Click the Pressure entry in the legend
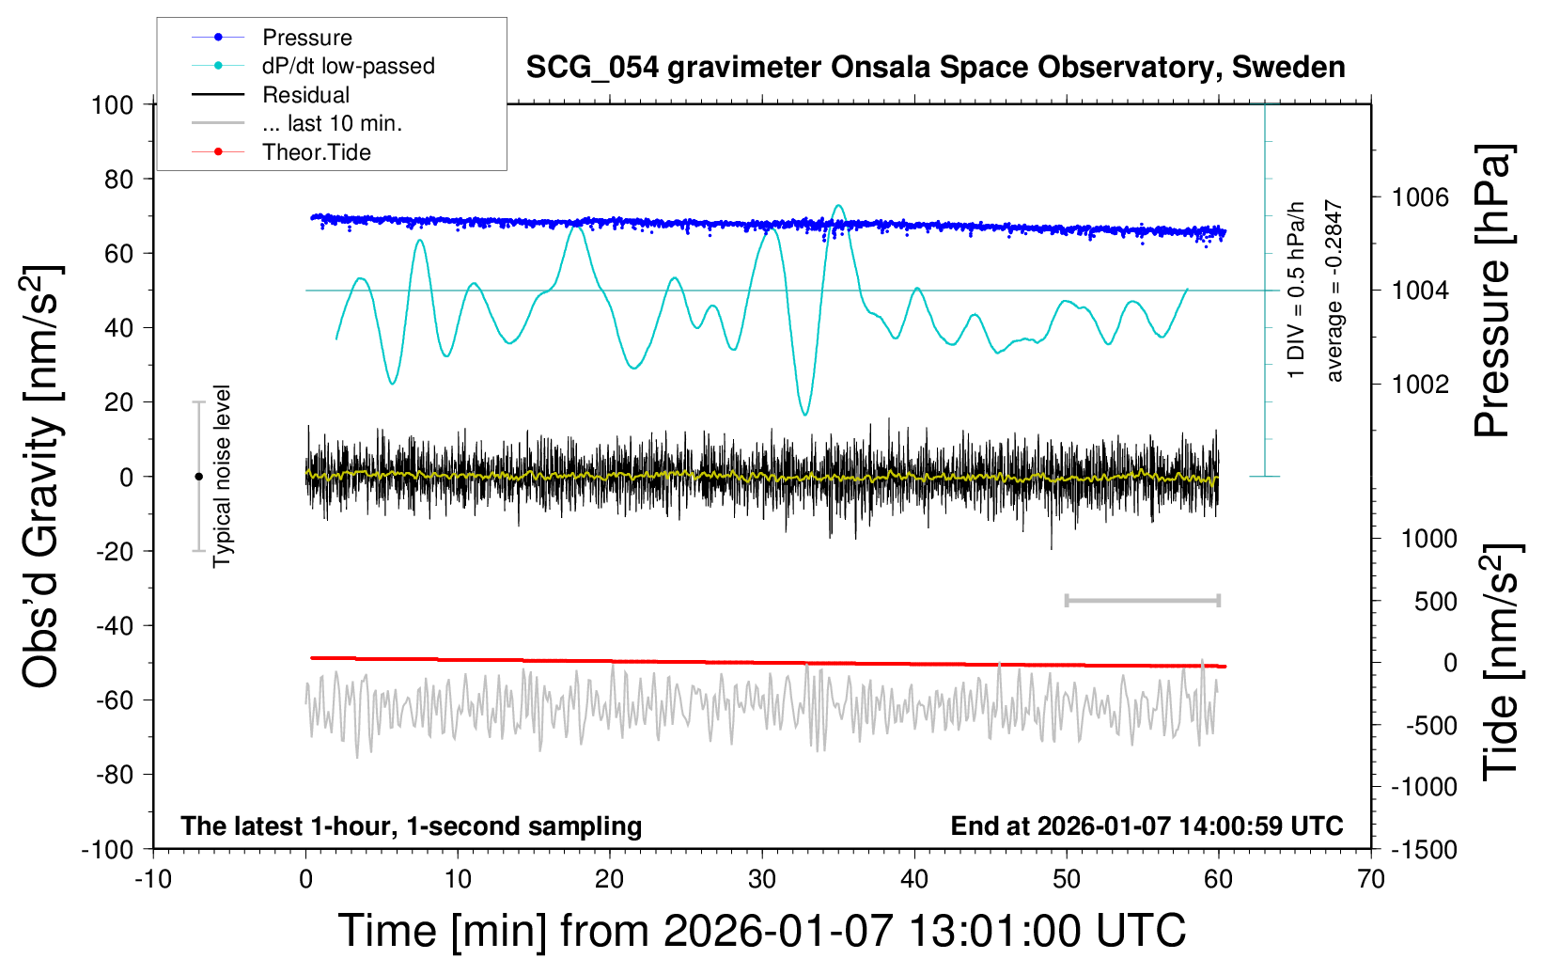[x=306, y=38]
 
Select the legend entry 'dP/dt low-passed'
[x=348, y=66]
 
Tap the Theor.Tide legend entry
[x=316, y=152]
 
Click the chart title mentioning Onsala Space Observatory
[x=935, y=68]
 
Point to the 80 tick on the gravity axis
[x=118, y=179]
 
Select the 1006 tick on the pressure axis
[x=1420, y=197]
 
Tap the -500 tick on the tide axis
[x=1431, y=726]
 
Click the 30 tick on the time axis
[x=762, y=880]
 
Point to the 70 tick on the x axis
[x=1371, y=880]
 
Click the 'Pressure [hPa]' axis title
[x=1493, y=291]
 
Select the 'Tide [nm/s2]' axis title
[x=1501, y=663]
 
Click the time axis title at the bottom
[x=762, y=931]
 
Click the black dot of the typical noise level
[x=198, y=477]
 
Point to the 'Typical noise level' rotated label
[x=222, y=477]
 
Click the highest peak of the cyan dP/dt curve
[x=838, y=206]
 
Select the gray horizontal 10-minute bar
[x=1142, y=601]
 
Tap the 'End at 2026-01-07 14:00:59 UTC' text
[x=1147, y=826]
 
